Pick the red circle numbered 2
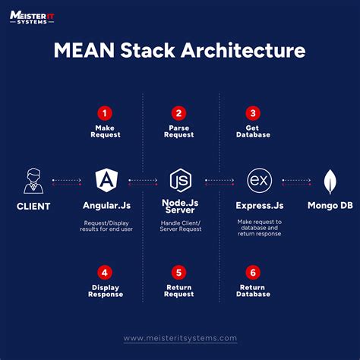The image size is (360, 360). tap(179, 112)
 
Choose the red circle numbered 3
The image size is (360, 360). tap(253, 112)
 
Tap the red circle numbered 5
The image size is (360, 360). tap(179, 272)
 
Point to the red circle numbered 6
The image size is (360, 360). tap(253, 272)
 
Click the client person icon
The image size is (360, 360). tap(30, 181)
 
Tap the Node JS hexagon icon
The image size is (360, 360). tap(179, 181)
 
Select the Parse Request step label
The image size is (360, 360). tap(179, 132)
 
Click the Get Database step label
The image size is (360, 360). tap(253, 132)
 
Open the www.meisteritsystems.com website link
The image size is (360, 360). tap(180, 338)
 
